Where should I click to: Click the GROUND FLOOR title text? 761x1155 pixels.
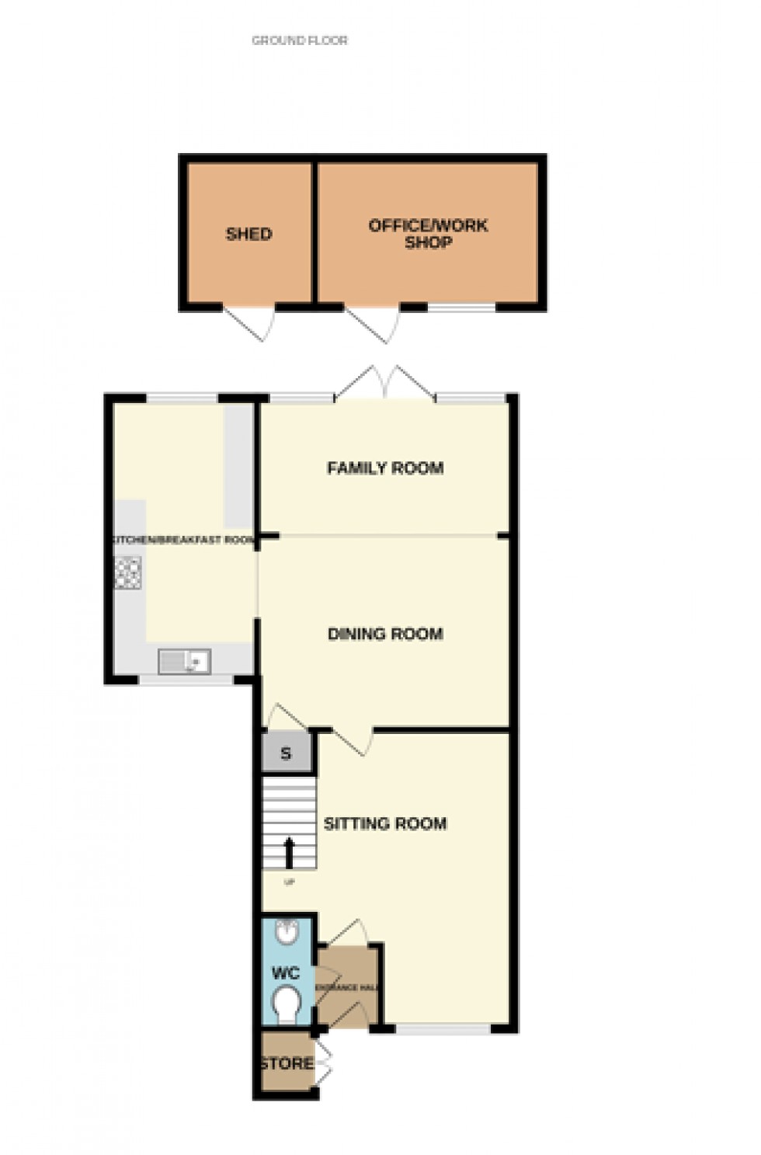coord(300,40)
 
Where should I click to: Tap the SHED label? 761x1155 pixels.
coord(248,234)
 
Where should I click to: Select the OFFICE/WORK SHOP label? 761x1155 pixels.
coord(428,234)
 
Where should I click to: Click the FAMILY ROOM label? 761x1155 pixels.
coord(385,468)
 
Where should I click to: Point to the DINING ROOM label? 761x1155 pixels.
coord(385,634)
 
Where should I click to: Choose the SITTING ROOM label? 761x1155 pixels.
coord(385,823)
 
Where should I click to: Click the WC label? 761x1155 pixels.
coord(285,973)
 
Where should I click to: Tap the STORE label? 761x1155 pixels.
coord(287,1063)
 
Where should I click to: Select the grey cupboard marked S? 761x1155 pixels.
coord(286,753)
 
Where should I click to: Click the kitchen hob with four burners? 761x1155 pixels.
coord(128,573)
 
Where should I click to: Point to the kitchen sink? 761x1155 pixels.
coord(184,662)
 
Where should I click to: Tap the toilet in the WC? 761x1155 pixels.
coord(287,1005)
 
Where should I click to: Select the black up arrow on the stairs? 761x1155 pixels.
coord(290,853)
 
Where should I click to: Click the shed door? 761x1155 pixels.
coord(250,320)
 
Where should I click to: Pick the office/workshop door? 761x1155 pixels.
coord(373,322)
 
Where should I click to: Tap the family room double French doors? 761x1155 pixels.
coord(384,384)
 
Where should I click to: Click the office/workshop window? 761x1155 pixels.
coord(462,308)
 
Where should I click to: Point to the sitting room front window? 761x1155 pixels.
coord(443,1029)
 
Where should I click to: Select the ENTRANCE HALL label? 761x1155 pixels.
coord(346,987)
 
